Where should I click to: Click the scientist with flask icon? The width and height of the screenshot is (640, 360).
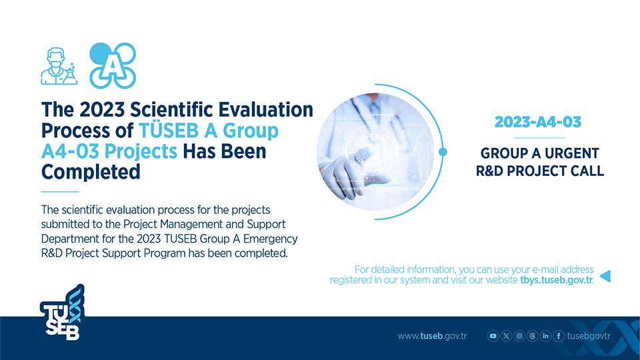(x=59, y=66)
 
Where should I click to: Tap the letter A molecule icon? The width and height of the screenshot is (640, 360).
(x=113, y=65)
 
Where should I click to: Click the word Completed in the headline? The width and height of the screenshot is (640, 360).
(x=91, y=172)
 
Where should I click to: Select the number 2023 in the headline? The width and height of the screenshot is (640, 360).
(x=101, y=110)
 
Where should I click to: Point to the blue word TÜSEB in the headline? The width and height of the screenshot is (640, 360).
(x=169, y=131)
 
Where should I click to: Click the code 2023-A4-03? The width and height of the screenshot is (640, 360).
(x=538, y=121)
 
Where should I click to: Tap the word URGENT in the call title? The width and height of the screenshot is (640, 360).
(x=572, y=153)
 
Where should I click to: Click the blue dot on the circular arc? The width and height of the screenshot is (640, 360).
(x=443, y=152)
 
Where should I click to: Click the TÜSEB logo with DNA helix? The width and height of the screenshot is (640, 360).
(x=63, y=312)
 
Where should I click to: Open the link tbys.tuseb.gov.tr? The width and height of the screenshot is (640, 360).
(x=556, y=280)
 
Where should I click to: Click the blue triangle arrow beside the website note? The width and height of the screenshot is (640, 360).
(x=605, y=276)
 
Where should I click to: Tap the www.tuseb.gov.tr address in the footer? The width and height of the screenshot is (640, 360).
(x=432, y=336)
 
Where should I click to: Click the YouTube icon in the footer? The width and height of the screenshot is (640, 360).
(x=493, y=336)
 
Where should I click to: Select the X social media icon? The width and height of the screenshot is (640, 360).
(x=506, y=336)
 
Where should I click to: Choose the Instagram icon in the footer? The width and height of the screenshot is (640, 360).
(x=519, y=336)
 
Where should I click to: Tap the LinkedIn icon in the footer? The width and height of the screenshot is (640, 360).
(x=545, y=336)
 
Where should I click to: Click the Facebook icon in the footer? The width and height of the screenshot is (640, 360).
(x=559, y=336)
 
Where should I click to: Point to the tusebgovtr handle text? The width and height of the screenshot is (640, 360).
(x=589, y=336)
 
